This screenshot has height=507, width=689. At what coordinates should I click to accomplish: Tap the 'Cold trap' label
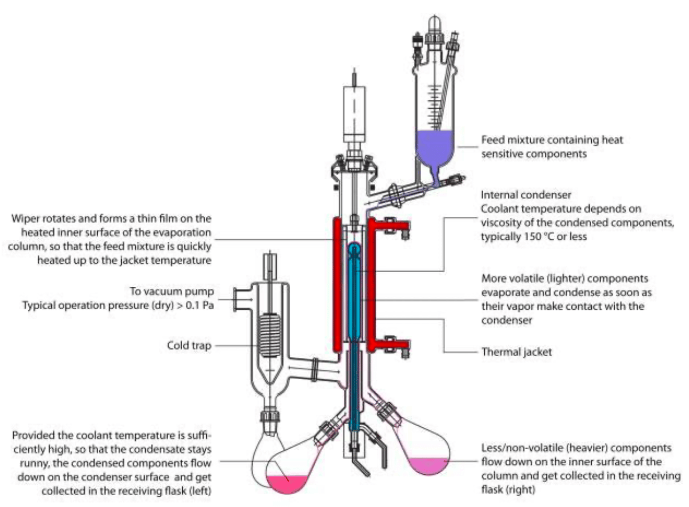[189, 346]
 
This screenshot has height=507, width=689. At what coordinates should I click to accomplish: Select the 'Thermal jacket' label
[517, 352]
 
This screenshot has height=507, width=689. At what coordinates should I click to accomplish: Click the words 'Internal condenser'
[526, 195]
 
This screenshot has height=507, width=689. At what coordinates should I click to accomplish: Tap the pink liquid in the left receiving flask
[287, 484]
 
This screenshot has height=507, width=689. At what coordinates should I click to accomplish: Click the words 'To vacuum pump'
[172, 291]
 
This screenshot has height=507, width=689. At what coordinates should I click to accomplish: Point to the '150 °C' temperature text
[532, 236]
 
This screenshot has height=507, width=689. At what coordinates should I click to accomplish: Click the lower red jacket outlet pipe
[390, 345]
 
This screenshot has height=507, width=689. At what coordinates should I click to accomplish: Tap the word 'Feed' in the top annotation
[493, 140]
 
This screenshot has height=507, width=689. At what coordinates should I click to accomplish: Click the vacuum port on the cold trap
[242, 300]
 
